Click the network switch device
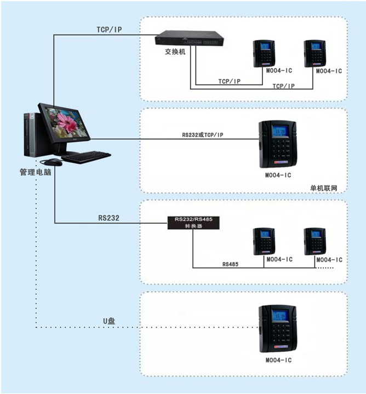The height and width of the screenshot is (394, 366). (189, 38)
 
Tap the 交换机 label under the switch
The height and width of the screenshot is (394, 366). (175, 52)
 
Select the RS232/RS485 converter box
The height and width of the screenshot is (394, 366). (193, 222)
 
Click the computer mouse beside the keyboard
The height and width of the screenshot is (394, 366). (55, 162)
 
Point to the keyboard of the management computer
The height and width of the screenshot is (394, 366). (86, 157)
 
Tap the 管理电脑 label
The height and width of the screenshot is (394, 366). (36, 172)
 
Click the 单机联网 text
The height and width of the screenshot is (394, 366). (324, 188)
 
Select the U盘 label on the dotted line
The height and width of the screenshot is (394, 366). (109, 321)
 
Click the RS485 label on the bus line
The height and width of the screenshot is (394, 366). (230, 264)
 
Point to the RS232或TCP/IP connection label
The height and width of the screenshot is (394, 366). (203, 135)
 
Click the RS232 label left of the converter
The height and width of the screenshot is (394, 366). (108, 218)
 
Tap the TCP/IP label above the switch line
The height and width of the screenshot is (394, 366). (109, 30)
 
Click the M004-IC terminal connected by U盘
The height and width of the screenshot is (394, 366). (278, 328)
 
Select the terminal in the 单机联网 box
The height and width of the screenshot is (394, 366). (278, 144)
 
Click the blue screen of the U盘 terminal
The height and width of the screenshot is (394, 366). (279, 315)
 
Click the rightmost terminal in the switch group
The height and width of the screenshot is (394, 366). (315, 54)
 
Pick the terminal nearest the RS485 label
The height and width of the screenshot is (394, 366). (264, 242)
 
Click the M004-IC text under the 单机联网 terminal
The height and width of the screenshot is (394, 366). (278, 175)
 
